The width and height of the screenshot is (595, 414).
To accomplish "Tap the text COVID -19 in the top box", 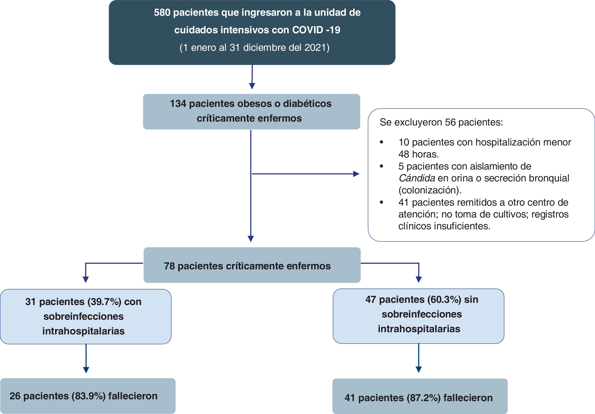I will point(316,30).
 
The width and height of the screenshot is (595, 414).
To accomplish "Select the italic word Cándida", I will point(416,178).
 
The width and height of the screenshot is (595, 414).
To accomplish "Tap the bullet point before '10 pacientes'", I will point(381,142).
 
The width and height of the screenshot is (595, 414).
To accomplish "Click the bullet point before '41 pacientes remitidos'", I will point(381,202).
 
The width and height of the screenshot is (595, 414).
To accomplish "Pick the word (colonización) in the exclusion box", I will point(430,190).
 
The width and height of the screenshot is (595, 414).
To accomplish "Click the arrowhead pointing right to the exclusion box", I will point(356,174).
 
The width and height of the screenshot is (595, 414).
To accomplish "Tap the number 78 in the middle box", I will point(169,266).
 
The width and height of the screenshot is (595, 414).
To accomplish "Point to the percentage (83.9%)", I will point(89,396).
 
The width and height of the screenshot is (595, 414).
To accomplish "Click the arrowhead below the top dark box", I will point(252,86).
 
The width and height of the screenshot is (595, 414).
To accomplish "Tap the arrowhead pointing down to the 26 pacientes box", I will point(86,370).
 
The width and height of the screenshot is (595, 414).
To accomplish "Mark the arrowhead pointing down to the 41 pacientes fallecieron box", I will point(419,369).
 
